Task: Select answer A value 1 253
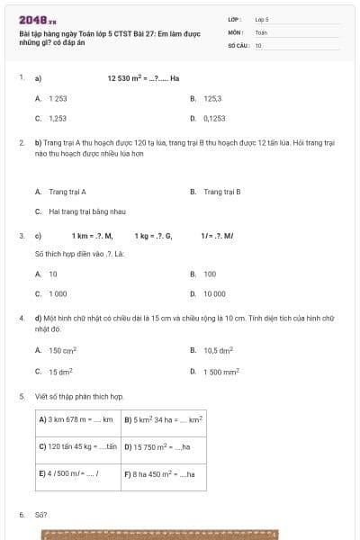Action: pos(58,97)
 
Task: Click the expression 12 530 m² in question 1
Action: pos(127,78)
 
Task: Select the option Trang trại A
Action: pos(67,192)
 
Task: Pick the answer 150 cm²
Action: pos(62,351)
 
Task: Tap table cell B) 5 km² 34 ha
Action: pos(163,419)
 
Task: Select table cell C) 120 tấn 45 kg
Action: pos(78,446)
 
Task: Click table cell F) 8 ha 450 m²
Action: pos(159,473)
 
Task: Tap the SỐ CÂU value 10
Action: pos(258,44)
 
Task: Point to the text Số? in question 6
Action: pos(40,515)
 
